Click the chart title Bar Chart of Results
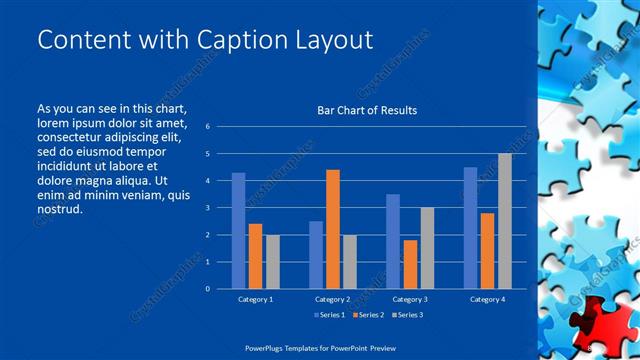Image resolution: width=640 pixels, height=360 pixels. pos(367,110)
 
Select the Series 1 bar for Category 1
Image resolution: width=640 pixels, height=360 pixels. pos(238,230)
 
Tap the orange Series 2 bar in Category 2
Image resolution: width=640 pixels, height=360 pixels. pos(332,229)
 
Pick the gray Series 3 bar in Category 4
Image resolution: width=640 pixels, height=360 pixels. pos(504,221)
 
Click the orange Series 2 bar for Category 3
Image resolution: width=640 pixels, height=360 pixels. pos(409,264)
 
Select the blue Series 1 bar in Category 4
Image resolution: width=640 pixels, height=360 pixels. pos(470,228)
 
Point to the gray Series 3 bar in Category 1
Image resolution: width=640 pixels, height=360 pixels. pos(273,262)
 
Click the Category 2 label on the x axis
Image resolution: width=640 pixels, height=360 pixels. pos(332,299)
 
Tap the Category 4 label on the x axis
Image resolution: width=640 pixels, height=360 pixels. pos(487,299)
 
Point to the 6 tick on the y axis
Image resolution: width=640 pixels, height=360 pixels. pos(207,127)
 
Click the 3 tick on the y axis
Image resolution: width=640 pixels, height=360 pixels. pos(207,208)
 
